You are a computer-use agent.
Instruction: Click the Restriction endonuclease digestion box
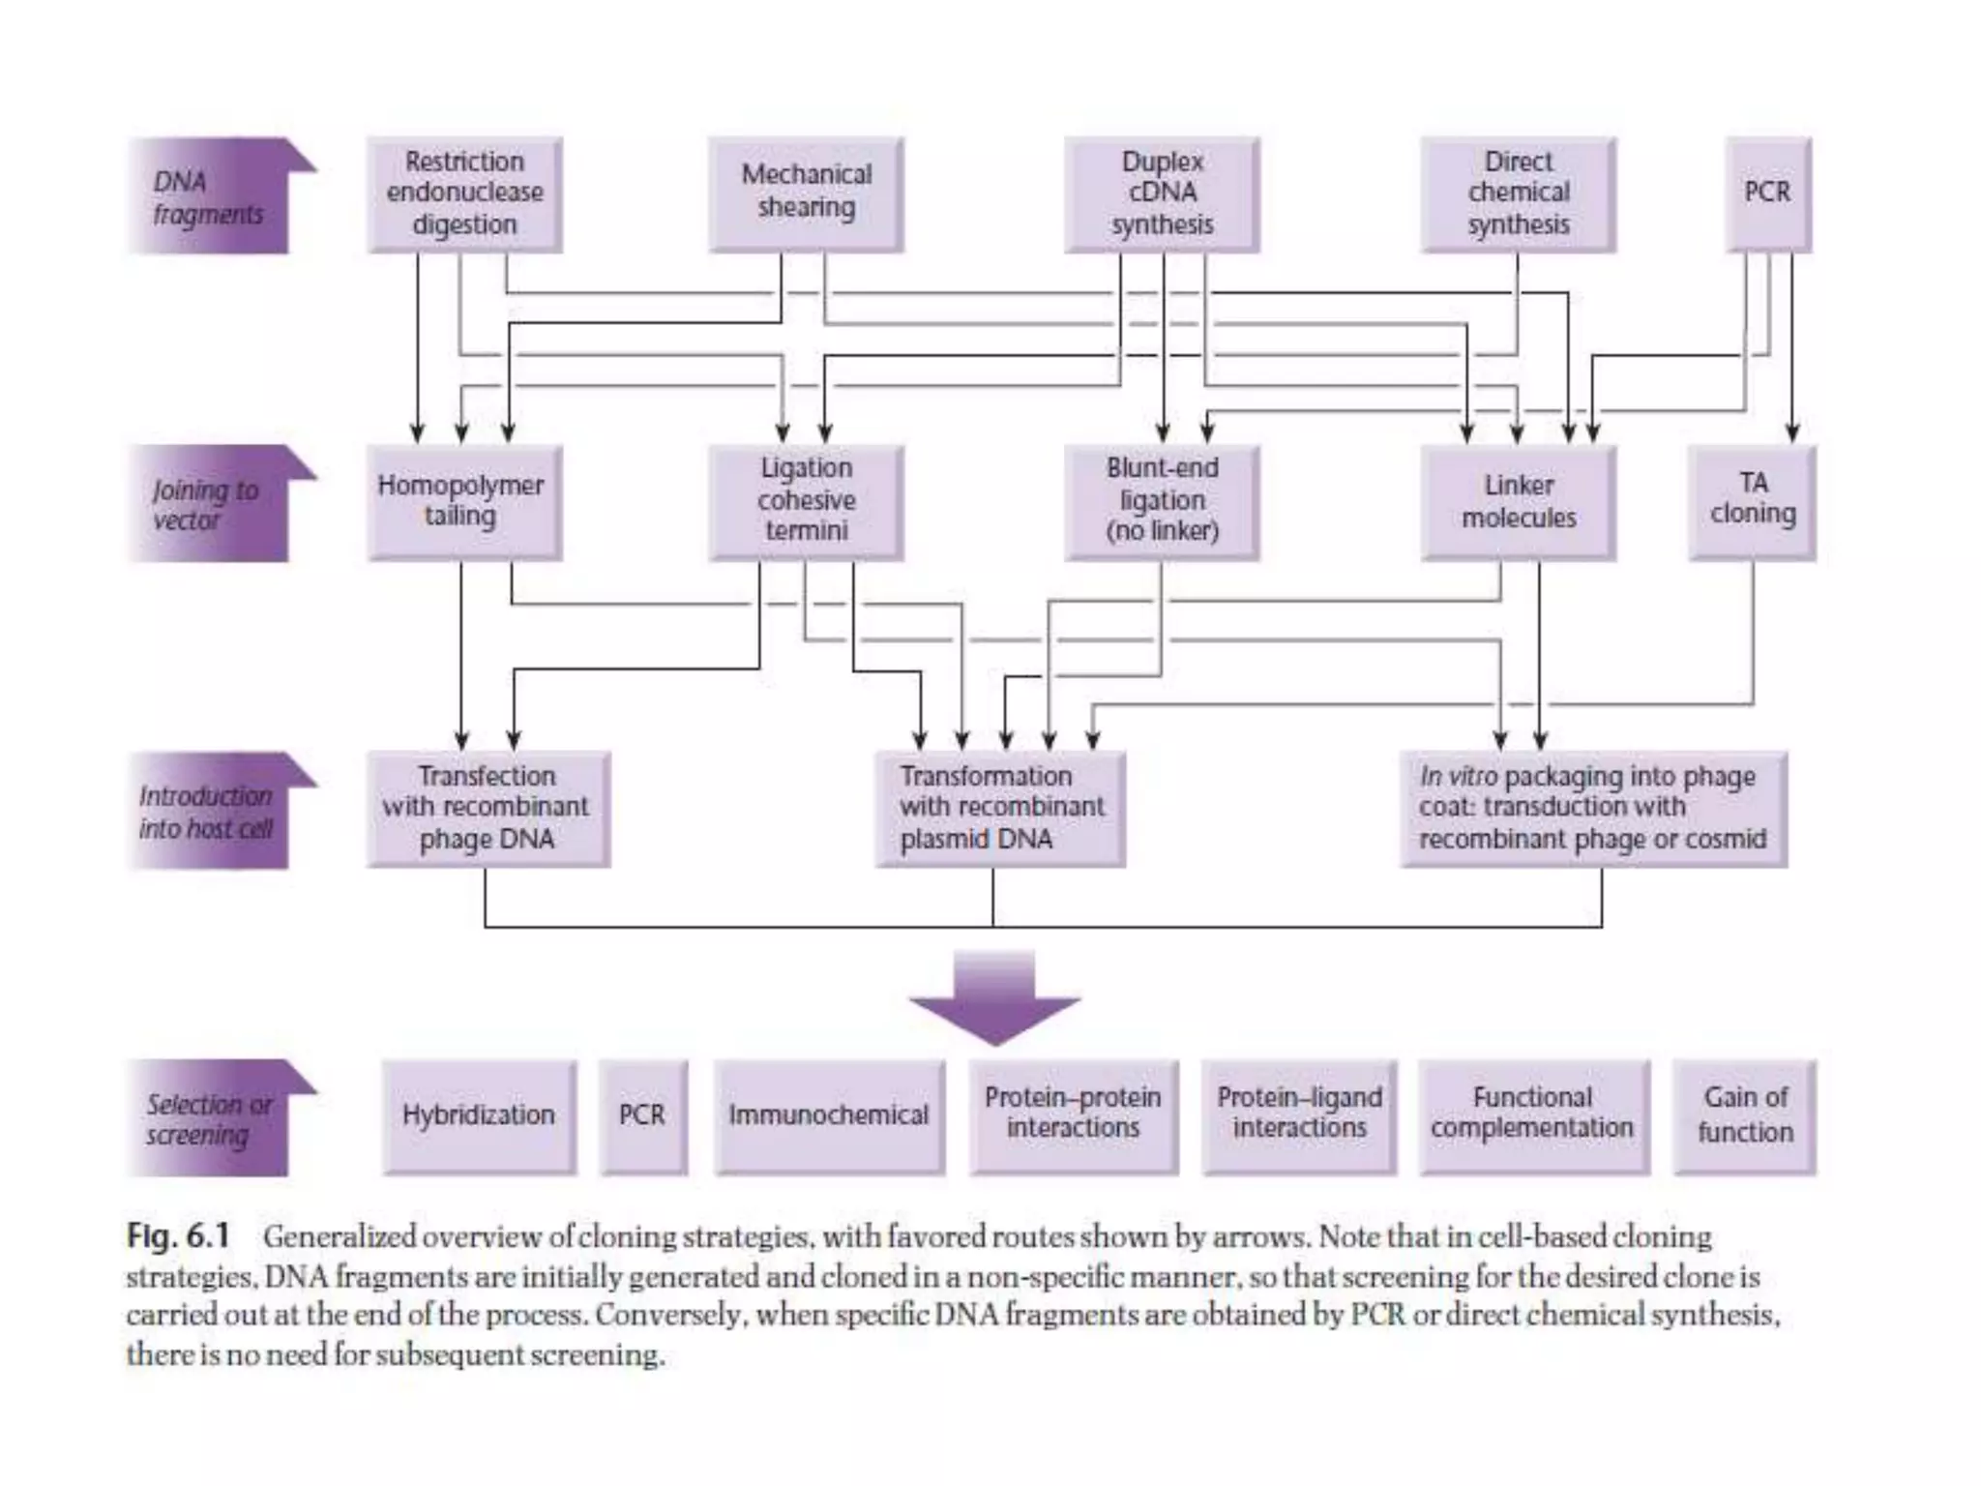tap(464, 194)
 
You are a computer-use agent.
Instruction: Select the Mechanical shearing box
tap(806, 194)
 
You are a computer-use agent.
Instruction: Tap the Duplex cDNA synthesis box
tap(1162, 194)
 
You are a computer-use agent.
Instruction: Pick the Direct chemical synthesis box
tap(1518, 194)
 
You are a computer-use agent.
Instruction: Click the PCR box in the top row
tap(1767, 194)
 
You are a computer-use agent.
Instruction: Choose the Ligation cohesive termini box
tap(806, 502)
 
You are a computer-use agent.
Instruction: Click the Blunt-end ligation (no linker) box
tap(1162, 502)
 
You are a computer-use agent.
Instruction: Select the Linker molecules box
tap(1518, 502)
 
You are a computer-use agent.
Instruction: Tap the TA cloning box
tap(1752, 502)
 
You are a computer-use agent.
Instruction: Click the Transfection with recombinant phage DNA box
tap(488, 809)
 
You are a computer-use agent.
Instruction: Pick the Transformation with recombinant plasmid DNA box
tap(1000, 809)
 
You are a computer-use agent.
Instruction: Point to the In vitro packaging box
tap(1593, 809)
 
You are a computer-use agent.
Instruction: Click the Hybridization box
tap(479, 1116)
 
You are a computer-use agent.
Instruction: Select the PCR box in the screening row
tap(642, 1116)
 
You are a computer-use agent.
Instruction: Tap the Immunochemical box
tap(829, 1116)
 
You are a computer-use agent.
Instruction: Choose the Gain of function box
tap(1744, 1116)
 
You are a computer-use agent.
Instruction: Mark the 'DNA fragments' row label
tap(209, 196)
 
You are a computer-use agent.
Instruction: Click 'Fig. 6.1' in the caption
tap(179, 1236)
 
